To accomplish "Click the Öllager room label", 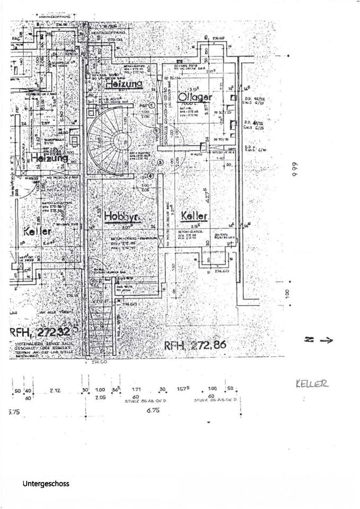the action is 195,97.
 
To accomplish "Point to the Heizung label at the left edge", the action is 49,158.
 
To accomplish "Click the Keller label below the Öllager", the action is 194,216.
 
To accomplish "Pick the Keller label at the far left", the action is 38,232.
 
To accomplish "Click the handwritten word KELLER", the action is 311,383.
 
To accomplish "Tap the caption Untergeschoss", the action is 46,484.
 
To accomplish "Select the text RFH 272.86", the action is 196,345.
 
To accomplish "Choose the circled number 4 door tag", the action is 151,177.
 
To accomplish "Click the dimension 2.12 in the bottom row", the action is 56,390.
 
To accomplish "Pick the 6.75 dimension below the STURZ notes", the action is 153,410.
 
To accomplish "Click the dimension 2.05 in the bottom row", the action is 100,397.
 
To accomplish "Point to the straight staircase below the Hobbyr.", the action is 100,318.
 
